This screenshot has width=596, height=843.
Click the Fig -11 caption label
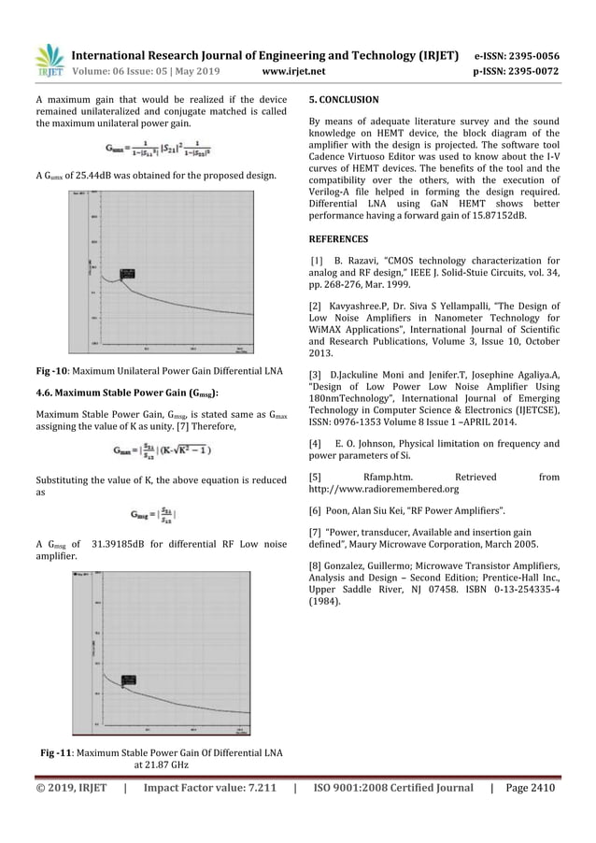59,753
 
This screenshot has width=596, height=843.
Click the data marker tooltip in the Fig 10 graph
127,274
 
